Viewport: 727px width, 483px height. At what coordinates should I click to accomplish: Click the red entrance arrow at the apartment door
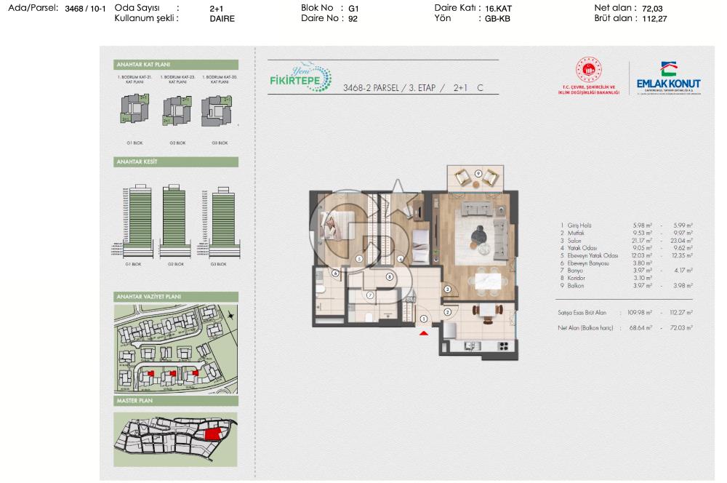point(424,333)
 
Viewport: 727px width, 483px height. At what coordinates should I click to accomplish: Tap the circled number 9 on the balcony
point(478,172)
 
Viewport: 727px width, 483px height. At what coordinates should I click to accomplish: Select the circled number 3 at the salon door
point(448,290)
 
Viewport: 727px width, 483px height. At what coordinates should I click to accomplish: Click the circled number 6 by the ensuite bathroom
point(335,274)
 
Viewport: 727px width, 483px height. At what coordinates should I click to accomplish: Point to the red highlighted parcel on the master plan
point(212,434)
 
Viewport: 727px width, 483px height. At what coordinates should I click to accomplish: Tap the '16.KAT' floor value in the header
point(499,8)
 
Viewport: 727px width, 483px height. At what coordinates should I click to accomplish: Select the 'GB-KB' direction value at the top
point(498,19)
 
